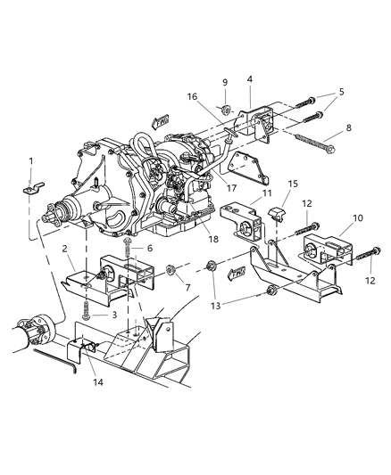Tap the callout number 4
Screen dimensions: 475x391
(x=250, y=79)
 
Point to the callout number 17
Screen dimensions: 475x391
(x=230, y=188)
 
